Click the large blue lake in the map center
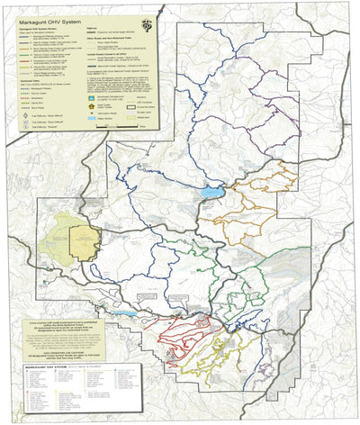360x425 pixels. (x=212, y=192)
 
